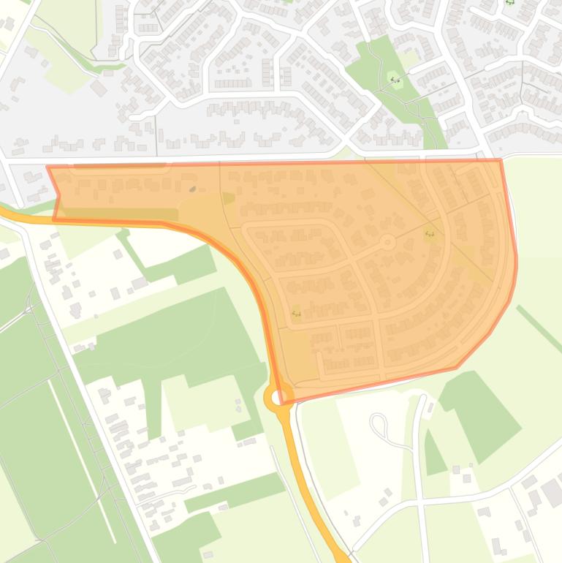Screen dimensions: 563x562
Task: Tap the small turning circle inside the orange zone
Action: coord(388,241)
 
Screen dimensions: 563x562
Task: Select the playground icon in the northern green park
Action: coord(395,80)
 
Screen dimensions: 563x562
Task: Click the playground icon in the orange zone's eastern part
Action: coord(430,234)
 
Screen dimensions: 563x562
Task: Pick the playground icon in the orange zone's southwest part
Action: coord(296,314)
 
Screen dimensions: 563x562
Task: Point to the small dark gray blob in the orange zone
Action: coord(193,189)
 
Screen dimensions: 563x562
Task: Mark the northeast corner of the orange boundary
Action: coord(501,160)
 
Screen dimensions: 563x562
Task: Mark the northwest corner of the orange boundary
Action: coord(48,167)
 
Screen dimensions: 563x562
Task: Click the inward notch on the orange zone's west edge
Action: coord(59,195)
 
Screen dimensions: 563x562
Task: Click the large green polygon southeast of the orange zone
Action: coord(479,413)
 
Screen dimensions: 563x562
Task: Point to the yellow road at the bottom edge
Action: coord(338,554)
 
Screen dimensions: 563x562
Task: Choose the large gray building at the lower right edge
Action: coord(552,494)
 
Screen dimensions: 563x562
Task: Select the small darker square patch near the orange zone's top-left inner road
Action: coord(228,198)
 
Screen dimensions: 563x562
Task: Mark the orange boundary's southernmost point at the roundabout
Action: coord(281,403)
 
